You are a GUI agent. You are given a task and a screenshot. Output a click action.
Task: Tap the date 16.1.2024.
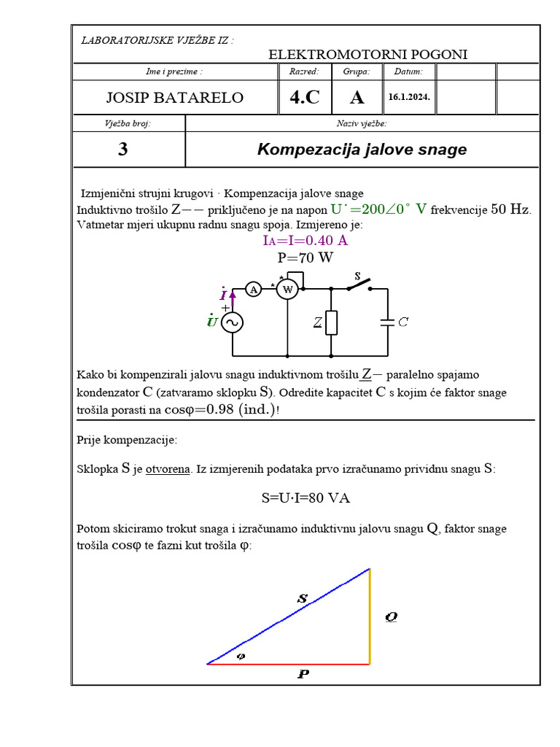[x=409, y=97]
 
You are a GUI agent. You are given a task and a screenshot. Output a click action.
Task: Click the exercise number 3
[x=122, y=150]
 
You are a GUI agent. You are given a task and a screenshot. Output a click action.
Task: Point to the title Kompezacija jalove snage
[x=362, y=150]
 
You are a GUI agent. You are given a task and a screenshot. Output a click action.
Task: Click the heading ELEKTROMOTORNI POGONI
[x=368, y=55]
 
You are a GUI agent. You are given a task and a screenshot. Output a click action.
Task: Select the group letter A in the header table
[x=357, y=98]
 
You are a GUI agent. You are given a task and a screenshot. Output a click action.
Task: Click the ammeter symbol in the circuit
[x=253, y=290]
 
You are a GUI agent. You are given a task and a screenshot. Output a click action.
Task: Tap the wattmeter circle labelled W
[x=287, y=290]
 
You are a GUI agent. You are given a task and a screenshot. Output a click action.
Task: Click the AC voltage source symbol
[x=232, y=322]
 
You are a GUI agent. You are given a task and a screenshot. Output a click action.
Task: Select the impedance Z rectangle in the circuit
[x=332, y=322]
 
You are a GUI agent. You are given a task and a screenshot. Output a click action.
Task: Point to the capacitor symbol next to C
[x=387, y=322]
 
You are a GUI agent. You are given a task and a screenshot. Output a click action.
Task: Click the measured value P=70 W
[x=305, y=257]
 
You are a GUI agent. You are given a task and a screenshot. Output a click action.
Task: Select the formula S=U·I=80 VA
[x=306, y=498]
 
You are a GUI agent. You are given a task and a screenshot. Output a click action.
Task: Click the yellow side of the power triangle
[x=370, y=616]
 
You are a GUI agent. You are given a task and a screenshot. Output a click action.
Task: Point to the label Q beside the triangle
[x=391, y=616]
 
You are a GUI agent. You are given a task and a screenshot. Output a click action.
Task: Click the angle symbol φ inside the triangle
[x=241, y=656]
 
